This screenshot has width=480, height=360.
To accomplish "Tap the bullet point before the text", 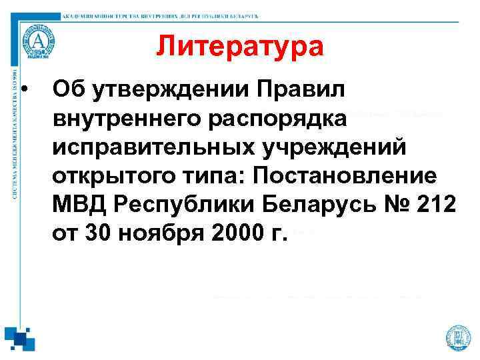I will tap(24, 89).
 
